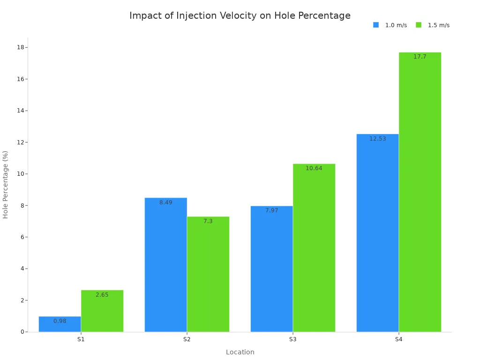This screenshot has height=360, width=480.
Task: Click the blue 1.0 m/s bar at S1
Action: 60,324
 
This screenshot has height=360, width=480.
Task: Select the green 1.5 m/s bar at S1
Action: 102,311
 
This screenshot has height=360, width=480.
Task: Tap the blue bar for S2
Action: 166,265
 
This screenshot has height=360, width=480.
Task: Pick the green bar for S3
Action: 314,248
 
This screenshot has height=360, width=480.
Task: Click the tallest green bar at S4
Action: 420,192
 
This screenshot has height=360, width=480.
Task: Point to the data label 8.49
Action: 166,202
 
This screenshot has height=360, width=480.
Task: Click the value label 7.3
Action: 208,221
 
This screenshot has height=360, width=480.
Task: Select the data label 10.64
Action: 314,168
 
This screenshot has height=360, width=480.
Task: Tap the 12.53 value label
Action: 378,139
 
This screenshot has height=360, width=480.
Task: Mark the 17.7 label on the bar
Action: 420,57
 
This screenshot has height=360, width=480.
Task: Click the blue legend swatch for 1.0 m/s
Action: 376,25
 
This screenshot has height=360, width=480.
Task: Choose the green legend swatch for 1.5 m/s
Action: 419,25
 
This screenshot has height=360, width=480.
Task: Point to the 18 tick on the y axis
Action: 21,47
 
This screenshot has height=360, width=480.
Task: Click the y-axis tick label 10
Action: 21,173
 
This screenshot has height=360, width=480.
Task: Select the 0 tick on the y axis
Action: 22,332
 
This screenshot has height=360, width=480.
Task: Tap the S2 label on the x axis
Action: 187,339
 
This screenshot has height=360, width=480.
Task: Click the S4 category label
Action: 398,339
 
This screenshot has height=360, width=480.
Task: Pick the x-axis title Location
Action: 240,352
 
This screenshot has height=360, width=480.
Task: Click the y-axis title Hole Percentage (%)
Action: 5,185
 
